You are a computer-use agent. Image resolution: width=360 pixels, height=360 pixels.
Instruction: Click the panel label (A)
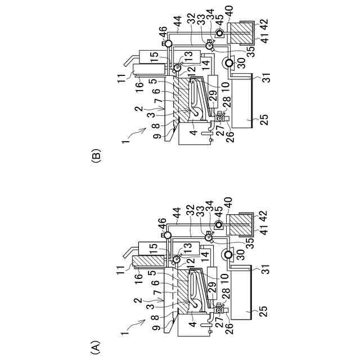[x=96, y=343]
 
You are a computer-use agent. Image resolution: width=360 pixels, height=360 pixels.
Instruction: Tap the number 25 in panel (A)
[x=264, y=311]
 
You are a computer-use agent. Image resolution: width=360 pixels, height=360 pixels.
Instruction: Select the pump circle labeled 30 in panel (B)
[x=229, y=62]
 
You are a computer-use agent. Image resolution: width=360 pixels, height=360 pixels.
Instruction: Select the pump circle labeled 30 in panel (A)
[x=228, y=254]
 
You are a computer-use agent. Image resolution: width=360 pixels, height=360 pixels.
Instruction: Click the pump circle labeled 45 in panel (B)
[x=220, y=34]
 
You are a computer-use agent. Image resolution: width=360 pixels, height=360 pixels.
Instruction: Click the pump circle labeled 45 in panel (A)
[x=219, y=224]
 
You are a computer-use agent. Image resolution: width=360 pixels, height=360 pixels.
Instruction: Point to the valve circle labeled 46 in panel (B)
[x=168, y=43]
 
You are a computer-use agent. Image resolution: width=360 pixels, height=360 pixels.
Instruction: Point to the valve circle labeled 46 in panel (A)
[x=168, y=235]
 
